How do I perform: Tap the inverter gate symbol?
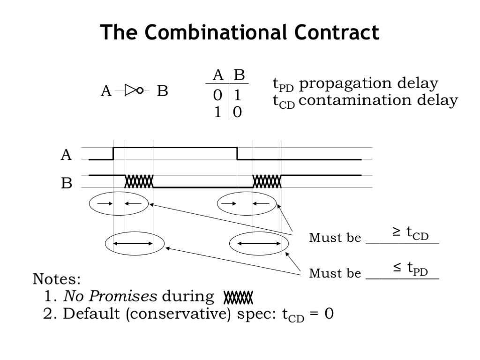(133, 90)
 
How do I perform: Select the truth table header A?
(217, 75)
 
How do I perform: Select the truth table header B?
(239, 75)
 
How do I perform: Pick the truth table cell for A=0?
(217, 95)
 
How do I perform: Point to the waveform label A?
(67, 155)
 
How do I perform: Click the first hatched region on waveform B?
(139, 181)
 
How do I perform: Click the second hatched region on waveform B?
(267, 181)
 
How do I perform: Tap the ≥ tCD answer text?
(411, 233)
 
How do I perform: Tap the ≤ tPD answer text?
(411, 269)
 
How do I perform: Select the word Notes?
(56, 280)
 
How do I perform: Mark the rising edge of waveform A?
(113, 153)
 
